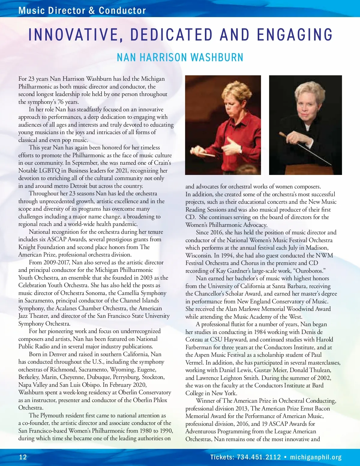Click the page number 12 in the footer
click(x=23, y=457)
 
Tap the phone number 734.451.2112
click(x=259, y=457)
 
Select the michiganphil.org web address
click(x=316, y=457)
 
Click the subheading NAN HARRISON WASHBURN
click(x=180, y=57)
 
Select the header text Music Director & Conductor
click(x=82, y=11)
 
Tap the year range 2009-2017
click(x=57, y=262)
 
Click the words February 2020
click(x=129, y=385)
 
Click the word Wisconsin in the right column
click(x=199, y=255)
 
